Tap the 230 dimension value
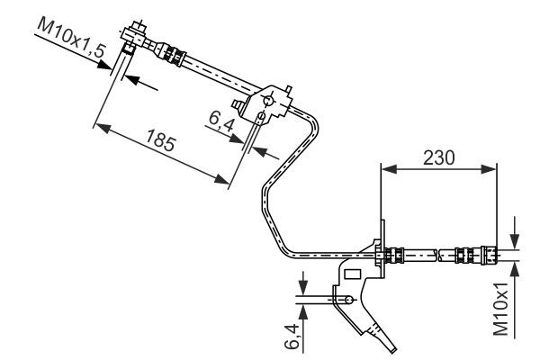tap(438, 156)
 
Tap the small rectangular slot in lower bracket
tap(353, 273)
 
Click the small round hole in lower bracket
tap(346, 296)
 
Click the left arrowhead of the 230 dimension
tap(386, 166)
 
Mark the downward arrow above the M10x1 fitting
tap(514, 240)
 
